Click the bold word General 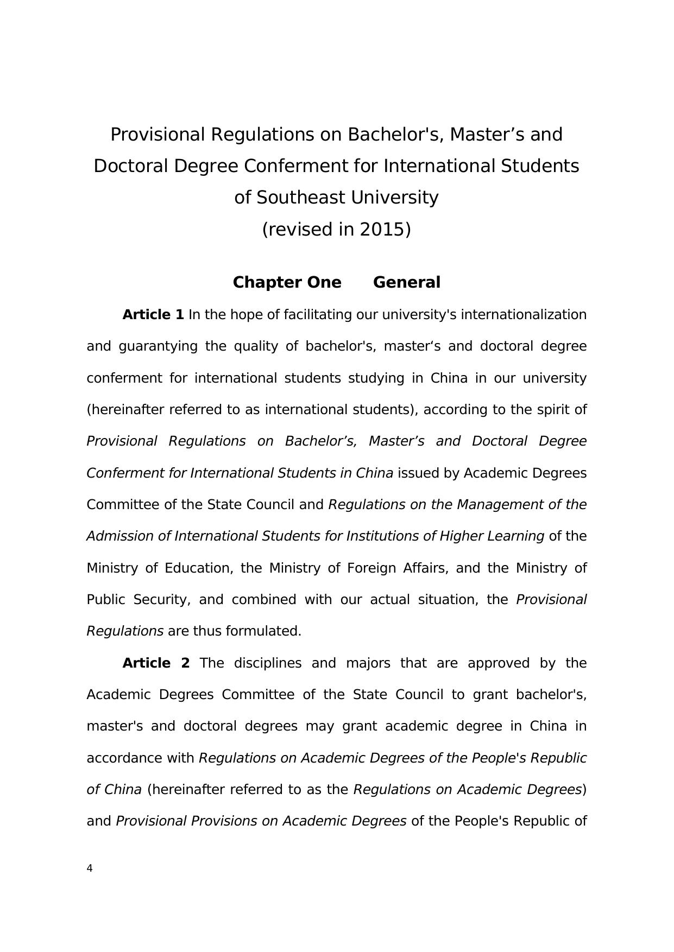click(x=406, y=283)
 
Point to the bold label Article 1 click(x=153, y=315)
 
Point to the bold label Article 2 click(x=156, y=663)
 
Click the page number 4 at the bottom click(x=90, y=868)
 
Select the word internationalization click(x=524, y=315)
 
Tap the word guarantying click(x=158, y=346)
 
